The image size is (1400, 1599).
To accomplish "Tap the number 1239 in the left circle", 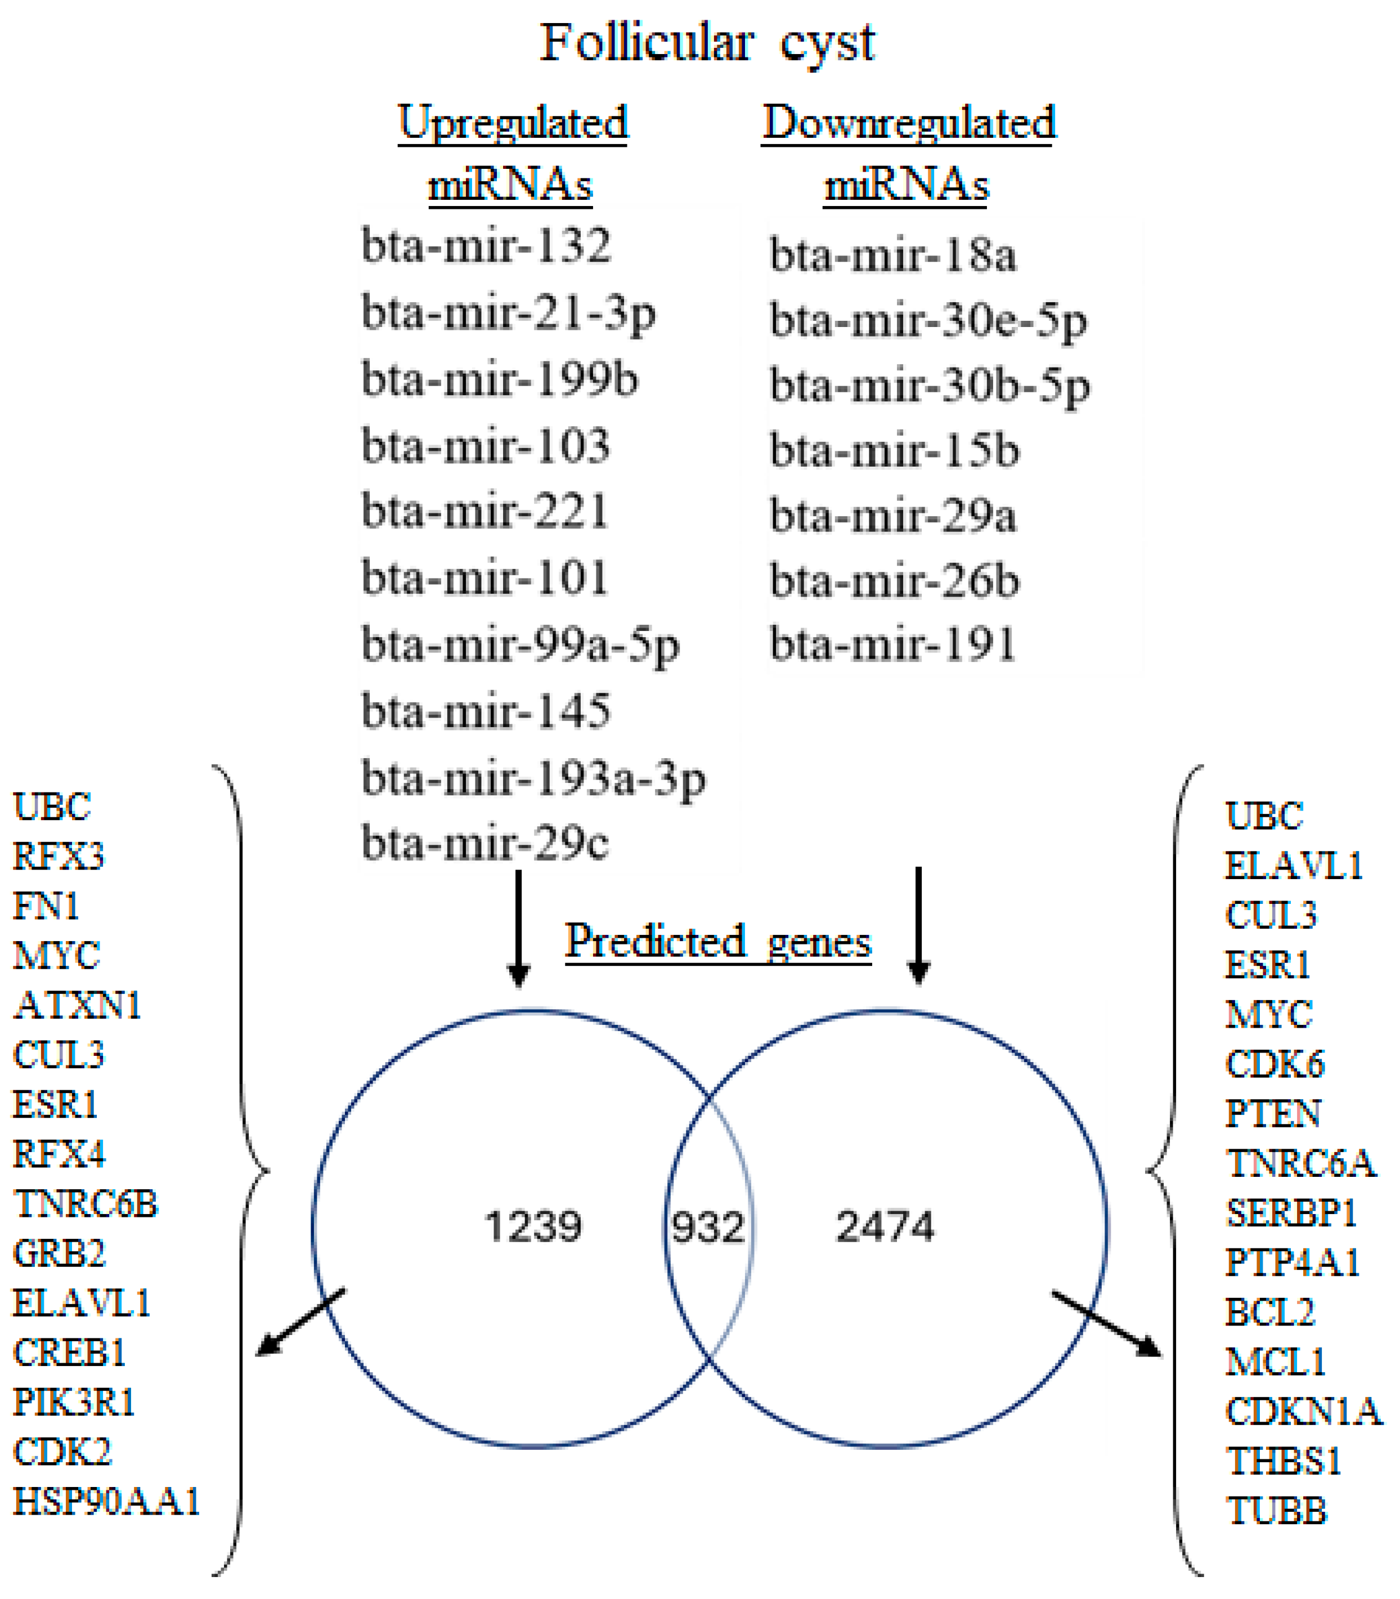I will [x=533, y=1226].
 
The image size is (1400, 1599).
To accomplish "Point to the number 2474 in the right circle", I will [x=885, y=1226].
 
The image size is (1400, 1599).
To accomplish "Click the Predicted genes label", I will [x=718, y=941].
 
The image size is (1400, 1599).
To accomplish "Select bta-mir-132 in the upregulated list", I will [x=486, y=246].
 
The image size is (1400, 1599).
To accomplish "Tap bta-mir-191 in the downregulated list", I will [x=892, y=645].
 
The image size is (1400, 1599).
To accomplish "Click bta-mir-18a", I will [x=892, y=256].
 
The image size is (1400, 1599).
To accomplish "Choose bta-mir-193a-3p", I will [x=533, y=779].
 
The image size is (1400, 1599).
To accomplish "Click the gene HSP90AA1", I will [x=107, y=1501].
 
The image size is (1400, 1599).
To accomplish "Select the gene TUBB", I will [x=1276, y=1511].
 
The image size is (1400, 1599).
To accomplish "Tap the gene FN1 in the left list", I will [x=46, y=907].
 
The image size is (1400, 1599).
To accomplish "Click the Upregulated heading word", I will [x=513, y=123].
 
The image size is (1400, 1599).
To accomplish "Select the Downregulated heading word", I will [x=909, y=123].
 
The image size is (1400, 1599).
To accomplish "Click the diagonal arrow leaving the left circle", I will [x=301, y=1322].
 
